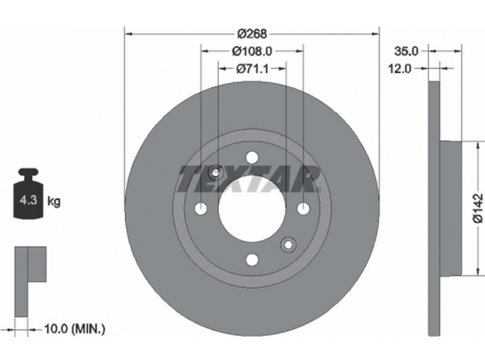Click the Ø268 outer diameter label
(252, 33)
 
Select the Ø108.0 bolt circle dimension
(252, 51)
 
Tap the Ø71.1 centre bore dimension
(252, 69)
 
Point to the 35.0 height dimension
(406, 51)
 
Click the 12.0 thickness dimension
(400, 69)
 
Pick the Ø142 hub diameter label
(478, 208)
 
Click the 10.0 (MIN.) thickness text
(75, 329)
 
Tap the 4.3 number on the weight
(28, 200)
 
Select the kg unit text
(54, 201)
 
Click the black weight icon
(28, 194)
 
